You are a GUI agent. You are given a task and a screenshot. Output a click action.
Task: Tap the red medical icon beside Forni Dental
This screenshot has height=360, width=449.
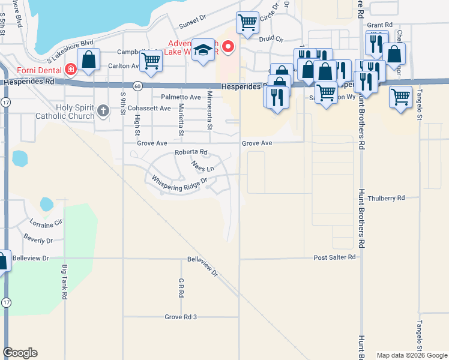click(x=71, y=69)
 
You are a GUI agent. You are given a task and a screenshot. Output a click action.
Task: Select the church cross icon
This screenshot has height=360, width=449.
click(x=103, y=110)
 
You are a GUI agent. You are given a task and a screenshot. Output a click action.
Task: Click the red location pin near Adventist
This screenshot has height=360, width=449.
click(x=228, y=47)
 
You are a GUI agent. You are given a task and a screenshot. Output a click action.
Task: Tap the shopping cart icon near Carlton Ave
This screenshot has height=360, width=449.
click(x=151, y=61)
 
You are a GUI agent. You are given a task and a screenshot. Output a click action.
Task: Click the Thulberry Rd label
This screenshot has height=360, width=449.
click(x=387, y=197)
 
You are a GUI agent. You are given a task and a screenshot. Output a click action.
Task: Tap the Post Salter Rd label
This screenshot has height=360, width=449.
click(x=334, y=257)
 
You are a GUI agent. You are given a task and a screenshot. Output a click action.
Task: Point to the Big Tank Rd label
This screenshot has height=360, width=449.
click(x=64, y=283)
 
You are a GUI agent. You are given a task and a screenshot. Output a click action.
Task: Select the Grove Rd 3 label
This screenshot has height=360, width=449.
click(x=181, y=316)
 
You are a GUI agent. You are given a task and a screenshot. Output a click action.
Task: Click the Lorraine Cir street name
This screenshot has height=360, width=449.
click(x=46, y=223)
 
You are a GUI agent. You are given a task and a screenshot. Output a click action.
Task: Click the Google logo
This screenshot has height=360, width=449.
click(x=20, y=353)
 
